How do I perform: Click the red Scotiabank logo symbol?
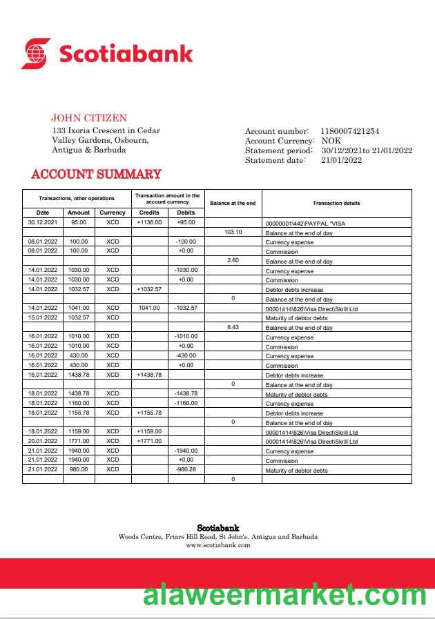click(x=36, y=53)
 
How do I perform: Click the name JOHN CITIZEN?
click(x=89, y=118)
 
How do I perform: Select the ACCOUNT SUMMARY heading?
click(x=96, y=175)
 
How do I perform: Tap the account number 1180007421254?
click(x=349, y=131)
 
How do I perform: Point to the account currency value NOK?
click(x=331, y=141)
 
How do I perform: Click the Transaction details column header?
click(x=336, y=203)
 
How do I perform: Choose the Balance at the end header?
click(x=233, y=203)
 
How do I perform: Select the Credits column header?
click(x=149, y=213)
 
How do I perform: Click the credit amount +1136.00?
click(x=149, y=223)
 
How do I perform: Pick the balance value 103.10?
click(x=233, y=232)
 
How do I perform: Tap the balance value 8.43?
click(x=233, y=327)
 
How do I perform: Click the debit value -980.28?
click(x=186, y=469)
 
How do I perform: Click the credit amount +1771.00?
click(x=149, y=441)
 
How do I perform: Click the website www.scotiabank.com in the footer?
click(x=218, y=545)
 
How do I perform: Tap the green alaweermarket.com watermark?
click(x=284, y=594)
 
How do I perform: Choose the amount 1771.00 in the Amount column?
click(x=79, y=441)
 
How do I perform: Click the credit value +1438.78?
click(x=149, y=374)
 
